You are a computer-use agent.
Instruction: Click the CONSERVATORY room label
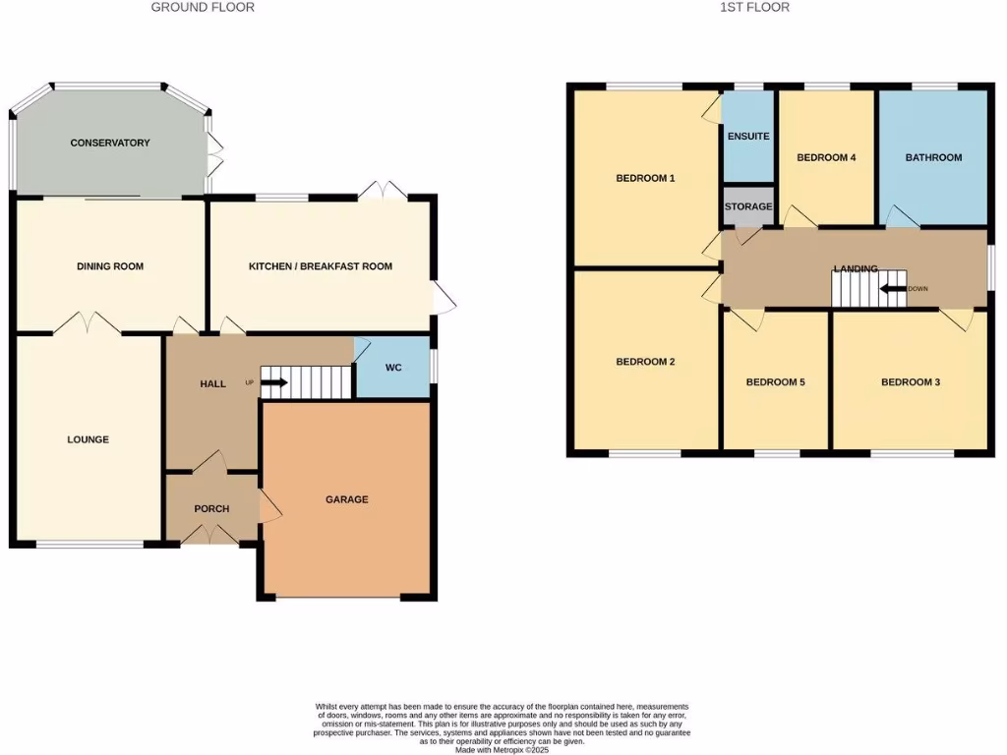coord(110,143)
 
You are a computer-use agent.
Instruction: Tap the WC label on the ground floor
coord(393,368)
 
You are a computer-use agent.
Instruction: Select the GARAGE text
coord(346,499)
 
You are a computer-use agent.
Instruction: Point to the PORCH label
coord(211,508)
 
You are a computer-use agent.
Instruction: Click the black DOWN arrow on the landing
coord(893,289)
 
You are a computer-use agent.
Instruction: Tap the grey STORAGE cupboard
coord(748,206)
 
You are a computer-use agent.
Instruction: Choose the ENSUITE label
coord(748,137)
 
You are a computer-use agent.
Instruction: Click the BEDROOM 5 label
coord(775,381)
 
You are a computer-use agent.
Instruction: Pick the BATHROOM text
coord(933,157)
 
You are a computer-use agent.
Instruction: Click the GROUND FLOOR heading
coord(203,7)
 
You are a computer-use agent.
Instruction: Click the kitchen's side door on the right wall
coord(443,299)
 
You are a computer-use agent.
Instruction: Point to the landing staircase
coord(854,289)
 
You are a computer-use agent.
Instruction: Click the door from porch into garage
coord(268,507)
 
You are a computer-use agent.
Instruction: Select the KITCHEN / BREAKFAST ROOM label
coord(320,266)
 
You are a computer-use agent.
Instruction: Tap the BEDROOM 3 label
coord(910,381)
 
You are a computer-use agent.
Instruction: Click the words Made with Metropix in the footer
coord(502,750)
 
